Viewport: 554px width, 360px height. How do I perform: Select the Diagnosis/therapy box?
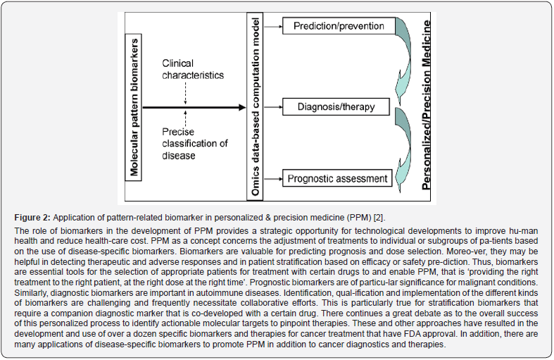pos(336,108)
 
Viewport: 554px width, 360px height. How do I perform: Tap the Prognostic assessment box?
pos(337,178)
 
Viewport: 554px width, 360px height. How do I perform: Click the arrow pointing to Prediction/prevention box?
pos(273,27)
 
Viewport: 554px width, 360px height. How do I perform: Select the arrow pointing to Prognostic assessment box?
pos(273,179)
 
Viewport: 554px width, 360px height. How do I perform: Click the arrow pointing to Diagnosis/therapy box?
pos(273,108)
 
